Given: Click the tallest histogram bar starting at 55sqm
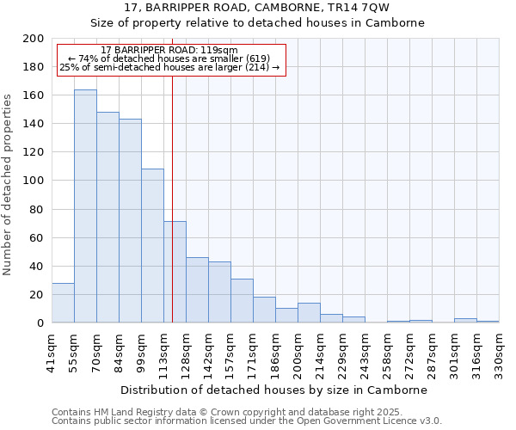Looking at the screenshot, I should [85, 206].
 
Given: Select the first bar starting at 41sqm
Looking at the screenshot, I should [63, 303].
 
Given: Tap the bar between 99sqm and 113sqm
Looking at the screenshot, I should [152, 246].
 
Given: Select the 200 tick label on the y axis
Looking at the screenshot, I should [34, 39].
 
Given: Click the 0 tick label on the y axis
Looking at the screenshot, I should [40, 323].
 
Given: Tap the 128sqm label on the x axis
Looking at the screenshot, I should [186, 351].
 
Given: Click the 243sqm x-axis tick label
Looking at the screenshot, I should [365, 351].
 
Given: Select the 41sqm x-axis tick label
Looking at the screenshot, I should [52, 351].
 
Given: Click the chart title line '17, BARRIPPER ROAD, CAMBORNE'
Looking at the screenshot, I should [257, 8].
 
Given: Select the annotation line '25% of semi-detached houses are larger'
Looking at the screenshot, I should [169, 67].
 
